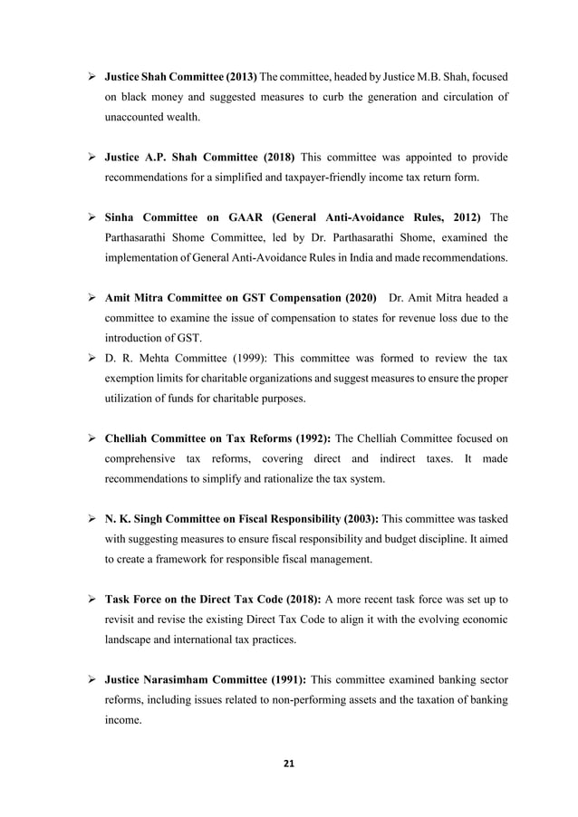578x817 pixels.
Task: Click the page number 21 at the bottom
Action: pos(288,761)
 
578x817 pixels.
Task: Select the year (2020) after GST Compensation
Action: pos(343,299)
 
